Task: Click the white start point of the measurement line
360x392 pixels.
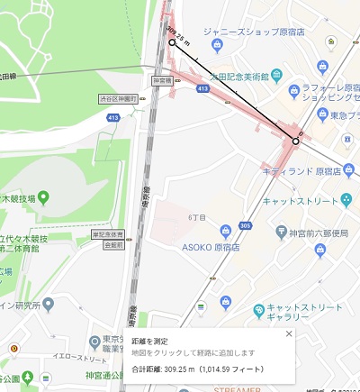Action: (x=172, y=41)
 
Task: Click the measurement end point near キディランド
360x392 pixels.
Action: (x=295, y=141)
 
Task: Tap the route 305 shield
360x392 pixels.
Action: (x=245, y=227)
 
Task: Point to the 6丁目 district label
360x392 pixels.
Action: (x=197, y=216)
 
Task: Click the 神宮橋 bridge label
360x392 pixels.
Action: (x=162, y=79)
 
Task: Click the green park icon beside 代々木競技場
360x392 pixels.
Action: (x=43, y=197)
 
